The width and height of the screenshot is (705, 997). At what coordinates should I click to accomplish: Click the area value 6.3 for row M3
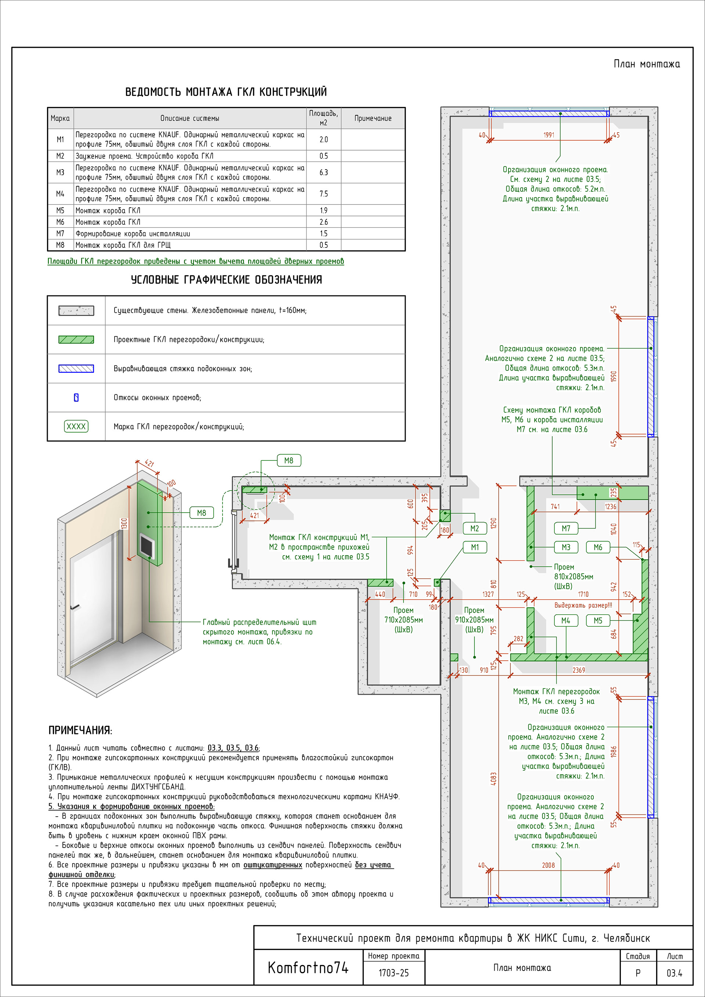point(323,172)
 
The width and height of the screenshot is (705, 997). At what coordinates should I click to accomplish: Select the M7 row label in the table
point(60,234)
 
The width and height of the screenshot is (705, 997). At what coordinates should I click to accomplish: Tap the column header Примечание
point(373,118)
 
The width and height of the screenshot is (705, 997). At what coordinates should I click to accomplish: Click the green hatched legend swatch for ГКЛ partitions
point(76,340)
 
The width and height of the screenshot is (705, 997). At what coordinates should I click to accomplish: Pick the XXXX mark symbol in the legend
point(76,426)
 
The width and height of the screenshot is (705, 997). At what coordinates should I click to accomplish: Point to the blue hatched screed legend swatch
point(76,369)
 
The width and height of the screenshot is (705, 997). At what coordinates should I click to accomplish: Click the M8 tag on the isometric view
point(202,513)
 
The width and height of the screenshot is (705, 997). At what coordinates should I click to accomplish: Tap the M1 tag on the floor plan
point(474,547)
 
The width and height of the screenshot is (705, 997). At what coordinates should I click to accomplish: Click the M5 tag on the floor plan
point(598,621)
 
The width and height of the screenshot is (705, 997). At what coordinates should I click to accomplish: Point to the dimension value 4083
point(493,779)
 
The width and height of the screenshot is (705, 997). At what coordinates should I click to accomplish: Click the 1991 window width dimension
point(549,135)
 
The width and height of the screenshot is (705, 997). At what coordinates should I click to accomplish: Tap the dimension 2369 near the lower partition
point(579,670)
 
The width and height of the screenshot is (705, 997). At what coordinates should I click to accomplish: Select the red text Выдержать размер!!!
point(583,605)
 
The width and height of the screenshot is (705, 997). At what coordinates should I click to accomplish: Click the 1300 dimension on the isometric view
point(124,523)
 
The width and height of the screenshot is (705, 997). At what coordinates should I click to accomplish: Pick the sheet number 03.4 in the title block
point(674,973)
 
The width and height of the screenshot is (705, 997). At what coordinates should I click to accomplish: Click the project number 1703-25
point(393,973)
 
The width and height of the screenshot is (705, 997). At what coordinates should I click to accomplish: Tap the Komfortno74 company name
point(308,968)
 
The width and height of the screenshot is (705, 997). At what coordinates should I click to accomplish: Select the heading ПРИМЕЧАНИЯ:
point(80,730)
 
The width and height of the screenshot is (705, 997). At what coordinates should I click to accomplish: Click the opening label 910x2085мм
point(474,619)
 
